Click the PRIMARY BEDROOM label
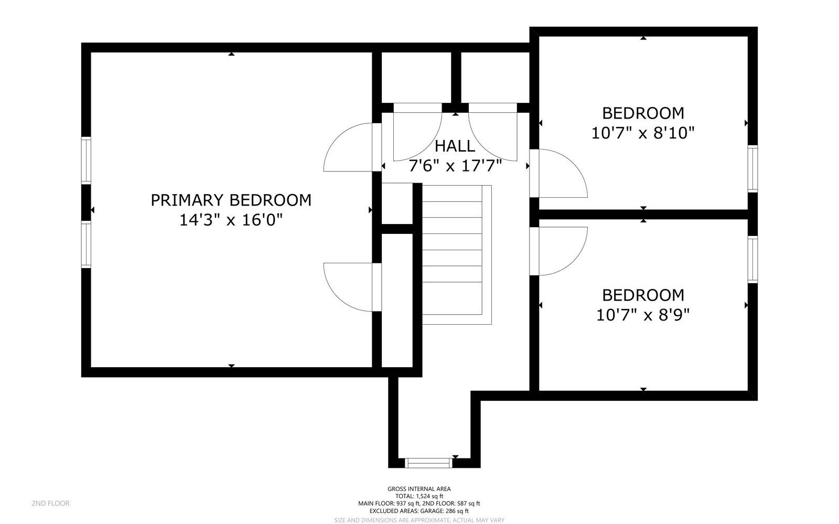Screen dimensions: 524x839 (231, 200)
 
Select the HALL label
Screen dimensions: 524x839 (455, 146)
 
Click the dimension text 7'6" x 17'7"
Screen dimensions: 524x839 (455, 166)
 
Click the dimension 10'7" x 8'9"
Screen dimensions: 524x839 (643, 315)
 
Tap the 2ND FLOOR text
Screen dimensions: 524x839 (50, 504)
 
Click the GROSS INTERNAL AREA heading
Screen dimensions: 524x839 (419, 489)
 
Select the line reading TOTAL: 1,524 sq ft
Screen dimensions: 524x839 (419, 496)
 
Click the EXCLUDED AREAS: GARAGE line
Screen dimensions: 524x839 (419, 511)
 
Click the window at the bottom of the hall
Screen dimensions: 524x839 (428, 463)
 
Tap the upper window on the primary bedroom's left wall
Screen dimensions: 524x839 (85, 160)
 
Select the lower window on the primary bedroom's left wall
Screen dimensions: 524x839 (85, 244)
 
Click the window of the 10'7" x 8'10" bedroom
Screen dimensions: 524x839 (752, 168)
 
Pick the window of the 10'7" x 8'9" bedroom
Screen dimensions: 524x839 (752, 260)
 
